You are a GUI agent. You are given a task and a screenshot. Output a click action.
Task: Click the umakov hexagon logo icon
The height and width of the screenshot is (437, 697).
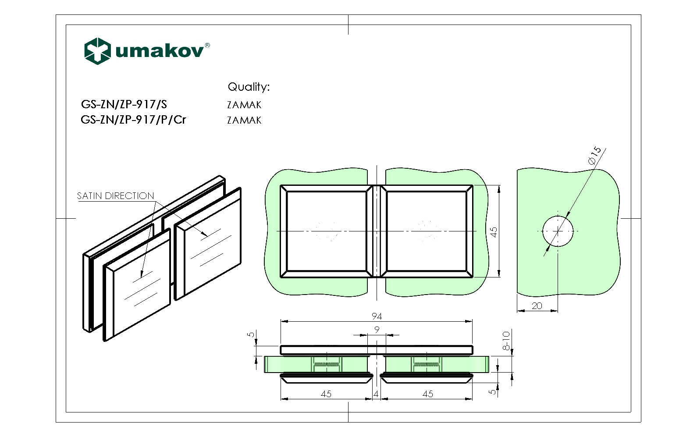(x=97, y=51)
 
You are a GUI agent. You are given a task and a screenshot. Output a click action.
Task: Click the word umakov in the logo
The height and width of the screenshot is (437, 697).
(x=159, y=51)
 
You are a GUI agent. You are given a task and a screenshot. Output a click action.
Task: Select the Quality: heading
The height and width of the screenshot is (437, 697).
(x=248, y=87)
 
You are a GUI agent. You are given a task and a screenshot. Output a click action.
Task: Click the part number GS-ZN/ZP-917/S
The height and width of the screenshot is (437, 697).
(x=124, y=104)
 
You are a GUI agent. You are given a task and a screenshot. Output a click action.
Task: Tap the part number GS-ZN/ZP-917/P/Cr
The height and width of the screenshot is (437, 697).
(x=133, y=119)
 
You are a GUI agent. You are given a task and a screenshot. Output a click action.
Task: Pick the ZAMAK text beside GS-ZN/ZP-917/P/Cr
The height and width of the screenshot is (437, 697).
(x=244, y=120)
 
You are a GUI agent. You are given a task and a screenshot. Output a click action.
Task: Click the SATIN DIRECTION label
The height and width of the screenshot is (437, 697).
(x=115, y=196)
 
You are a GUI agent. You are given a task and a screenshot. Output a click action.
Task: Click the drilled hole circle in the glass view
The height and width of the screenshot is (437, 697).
(x=557, y=231)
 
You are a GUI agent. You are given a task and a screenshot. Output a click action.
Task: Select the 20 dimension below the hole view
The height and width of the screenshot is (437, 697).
(x=537, y=306)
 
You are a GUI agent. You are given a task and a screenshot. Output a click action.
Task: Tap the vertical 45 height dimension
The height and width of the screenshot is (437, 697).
(x=494, y=232)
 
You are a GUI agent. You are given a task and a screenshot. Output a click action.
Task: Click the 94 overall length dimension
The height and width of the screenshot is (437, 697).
(x=377, y=316)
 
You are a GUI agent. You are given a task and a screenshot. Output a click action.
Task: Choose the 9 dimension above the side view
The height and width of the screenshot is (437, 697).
(x=377, y=330)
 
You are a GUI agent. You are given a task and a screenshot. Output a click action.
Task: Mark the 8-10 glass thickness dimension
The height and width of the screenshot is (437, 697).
(x=506, y=341)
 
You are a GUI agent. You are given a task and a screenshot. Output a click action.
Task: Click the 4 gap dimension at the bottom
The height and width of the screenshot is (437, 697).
(x=376, y=394)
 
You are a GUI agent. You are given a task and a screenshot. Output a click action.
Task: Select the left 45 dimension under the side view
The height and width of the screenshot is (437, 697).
(x=326, y=394)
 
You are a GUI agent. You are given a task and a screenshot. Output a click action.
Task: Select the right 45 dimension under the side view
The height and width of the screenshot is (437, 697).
(x=427, y=394)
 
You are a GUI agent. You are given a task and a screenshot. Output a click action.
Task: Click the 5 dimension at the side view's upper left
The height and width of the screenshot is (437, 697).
(x=251, y=334)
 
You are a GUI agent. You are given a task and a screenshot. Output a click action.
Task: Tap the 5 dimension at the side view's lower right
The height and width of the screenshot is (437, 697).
(x=493, y=391)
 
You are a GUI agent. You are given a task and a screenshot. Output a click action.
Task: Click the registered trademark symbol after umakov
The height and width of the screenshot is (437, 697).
(x=207, y=45)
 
